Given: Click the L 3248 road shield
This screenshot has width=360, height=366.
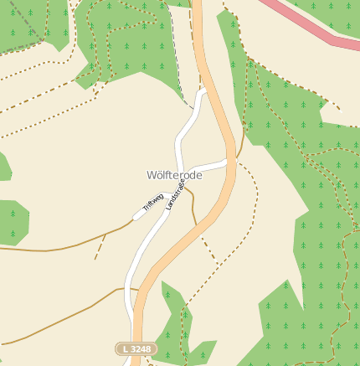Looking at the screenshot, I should point(136,348).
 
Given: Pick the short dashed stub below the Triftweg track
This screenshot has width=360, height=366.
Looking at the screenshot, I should point(100,247).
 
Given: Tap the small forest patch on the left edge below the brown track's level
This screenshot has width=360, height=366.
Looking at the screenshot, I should point(13,222).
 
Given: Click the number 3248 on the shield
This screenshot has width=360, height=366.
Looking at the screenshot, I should point(141,348).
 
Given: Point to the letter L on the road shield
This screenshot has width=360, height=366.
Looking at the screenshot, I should point(125,348).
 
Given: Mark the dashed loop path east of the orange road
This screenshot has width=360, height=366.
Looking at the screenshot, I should point(251,209).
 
